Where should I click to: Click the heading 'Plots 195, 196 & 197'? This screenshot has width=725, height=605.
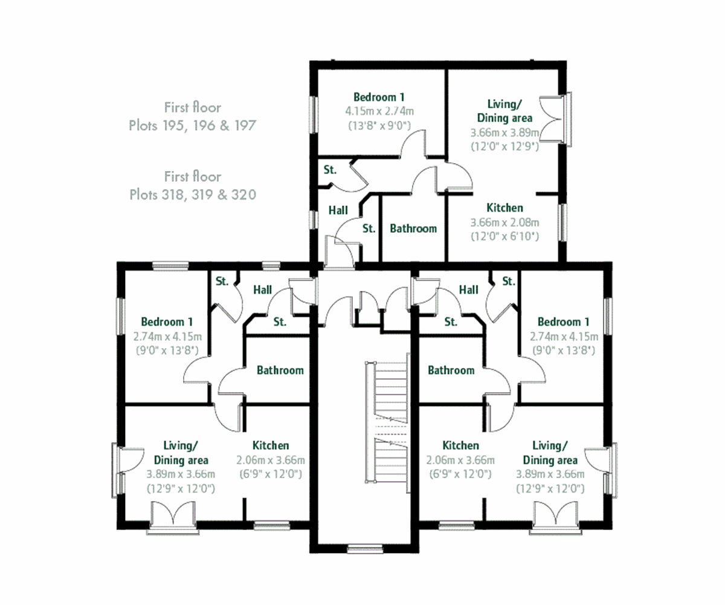click(x=192, y=126)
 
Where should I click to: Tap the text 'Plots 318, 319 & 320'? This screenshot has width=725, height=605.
click(x=192, y=195)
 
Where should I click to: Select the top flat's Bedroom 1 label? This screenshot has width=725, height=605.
click(x=379, y=97)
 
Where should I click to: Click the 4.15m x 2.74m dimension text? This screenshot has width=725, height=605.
click(x=379, y=111)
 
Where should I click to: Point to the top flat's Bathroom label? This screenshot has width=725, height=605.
click(x=413, y=228)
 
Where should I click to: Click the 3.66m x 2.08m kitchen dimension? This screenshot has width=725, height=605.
click(x=504, y=222)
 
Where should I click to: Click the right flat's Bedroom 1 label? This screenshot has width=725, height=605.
click(x=564, y=322)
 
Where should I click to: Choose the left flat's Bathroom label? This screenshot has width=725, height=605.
click(x=280, y=370)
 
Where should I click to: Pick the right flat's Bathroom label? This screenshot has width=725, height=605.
click(x=451, y=370)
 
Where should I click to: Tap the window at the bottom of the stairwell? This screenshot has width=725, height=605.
click(x=361, y=549)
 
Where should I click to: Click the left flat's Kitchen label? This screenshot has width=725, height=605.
click(x=270, y=445)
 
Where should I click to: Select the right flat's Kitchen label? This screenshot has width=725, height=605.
click(x=460, y=445)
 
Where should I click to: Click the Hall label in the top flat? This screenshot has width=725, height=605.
click(x=338, y=210)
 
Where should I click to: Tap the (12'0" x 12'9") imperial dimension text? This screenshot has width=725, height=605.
click(x=504, y=146)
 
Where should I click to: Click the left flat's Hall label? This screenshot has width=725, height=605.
click(x=262, y=290)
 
